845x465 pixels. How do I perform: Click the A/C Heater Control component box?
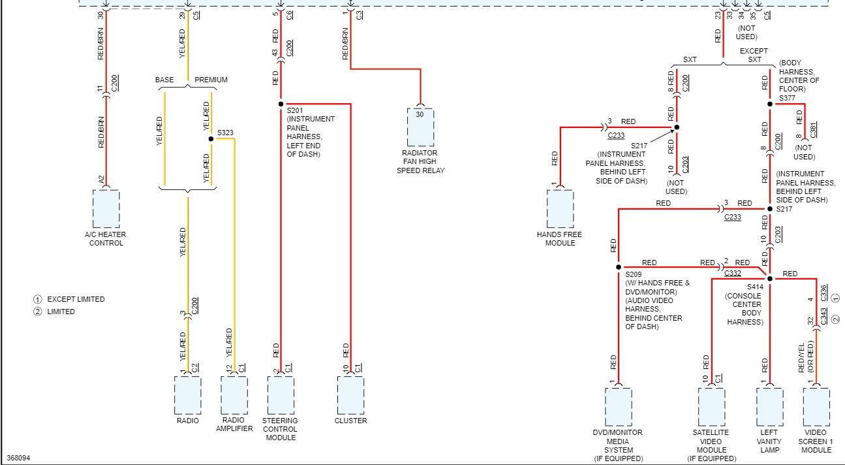point(106,209)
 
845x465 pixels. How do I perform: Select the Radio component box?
point(187,394)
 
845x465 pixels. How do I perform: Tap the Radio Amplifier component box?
point(234,394)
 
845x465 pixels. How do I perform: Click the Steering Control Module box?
point(281,394)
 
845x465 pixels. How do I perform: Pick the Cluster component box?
point(350,394)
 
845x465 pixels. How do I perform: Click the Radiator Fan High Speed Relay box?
point(420,127)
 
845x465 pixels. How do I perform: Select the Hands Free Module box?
point(560,209)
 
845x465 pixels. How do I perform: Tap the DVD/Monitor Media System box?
point(618,407)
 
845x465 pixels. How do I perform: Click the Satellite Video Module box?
point(711,407)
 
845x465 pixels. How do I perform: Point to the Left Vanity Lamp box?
point(769,407)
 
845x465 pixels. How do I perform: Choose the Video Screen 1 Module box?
point(816,407)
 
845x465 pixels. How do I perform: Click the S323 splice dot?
point(211,139)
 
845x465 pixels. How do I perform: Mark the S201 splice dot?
point(281,104)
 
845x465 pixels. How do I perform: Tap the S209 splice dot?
point(618,267)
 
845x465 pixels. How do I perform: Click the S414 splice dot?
point(770,279)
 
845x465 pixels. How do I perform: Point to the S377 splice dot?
point(770,104)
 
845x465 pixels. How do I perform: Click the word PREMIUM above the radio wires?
point(211,80)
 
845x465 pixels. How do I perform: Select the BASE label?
point(164,80)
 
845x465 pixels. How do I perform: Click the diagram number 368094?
point(18,458)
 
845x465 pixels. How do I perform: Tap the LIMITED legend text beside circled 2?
point(61,312)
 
